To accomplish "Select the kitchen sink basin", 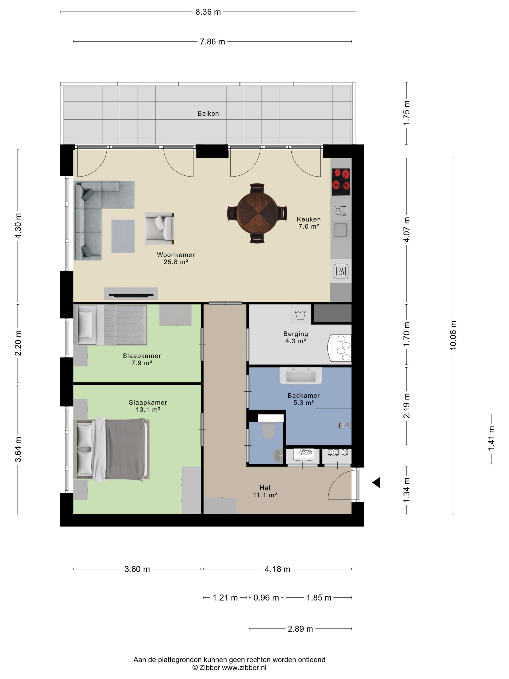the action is tap(341, 230).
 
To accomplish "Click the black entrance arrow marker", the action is tap(376, 483).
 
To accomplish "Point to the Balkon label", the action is tap(208, 113).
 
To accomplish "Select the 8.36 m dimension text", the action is tap(208, 12).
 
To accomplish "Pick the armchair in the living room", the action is tap(159, 228).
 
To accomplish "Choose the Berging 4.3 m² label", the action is tap(296, 337).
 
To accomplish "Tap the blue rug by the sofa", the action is tap(123, 236).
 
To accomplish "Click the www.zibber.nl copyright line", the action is tap(229, 667).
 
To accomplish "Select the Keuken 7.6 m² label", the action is tap(309, 223).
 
